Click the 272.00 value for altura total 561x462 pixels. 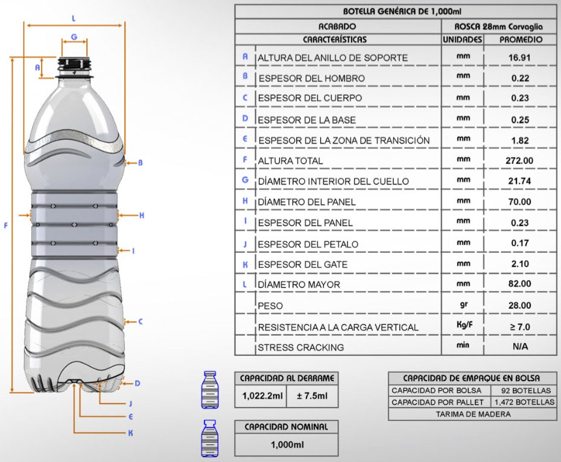(519, 160)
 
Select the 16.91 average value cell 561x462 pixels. (519, 58)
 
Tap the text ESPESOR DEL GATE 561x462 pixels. (303, 264)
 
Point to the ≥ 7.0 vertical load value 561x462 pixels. (520, 327)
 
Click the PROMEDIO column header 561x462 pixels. (521, 39)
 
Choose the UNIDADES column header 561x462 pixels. (462, 39)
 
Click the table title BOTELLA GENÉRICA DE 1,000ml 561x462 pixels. (402, 11)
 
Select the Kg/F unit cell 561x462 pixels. (464, 325)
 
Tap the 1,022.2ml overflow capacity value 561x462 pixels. (262, 396)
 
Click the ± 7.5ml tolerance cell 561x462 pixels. (312, 396)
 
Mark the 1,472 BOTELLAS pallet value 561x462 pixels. (525, 402)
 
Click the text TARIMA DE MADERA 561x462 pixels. (473, 414)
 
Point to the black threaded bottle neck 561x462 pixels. (75, 64)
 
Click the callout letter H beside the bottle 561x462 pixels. (142, 215)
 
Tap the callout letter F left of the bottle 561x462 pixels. (5, 226)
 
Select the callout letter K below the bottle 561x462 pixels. (130, 433)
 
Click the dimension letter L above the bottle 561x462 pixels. (74, 18)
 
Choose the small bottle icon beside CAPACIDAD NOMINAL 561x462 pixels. (210, 438)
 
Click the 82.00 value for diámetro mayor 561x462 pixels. (519, 284)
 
